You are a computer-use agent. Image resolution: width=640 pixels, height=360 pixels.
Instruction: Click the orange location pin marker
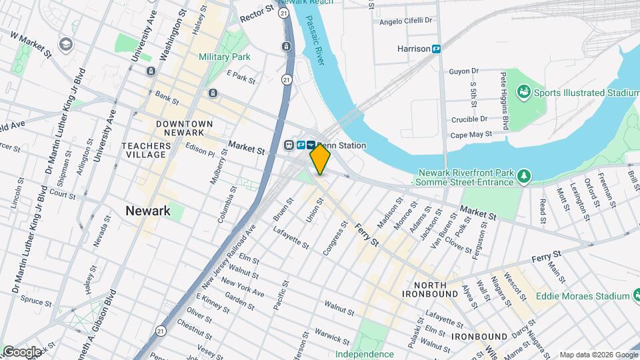point(320,159)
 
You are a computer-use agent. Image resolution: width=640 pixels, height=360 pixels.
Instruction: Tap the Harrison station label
point(415,49)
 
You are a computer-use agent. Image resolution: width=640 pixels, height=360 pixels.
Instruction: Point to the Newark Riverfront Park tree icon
point(525,175)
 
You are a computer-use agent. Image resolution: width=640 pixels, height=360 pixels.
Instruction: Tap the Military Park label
point(224,57)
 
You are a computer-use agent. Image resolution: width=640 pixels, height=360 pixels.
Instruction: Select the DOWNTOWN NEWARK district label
point(184,129)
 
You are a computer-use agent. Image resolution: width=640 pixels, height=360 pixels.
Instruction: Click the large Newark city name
point(148,211)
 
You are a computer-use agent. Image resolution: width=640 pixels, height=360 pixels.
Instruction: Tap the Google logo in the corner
point(22,351)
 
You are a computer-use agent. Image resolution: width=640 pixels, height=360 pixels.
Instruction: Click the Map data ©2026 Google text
point(598,355)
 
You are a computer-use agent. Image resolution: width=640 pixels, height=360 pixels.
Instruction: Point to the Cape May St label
point(471,134)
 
